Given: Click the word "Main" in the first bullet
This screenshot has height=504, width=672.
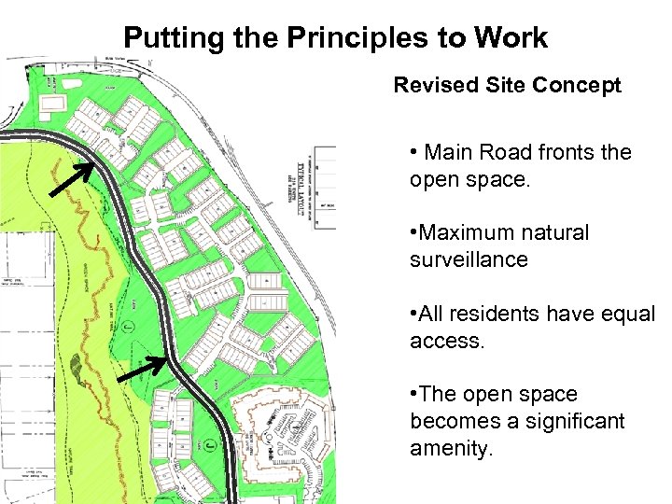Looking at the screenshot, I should click(450, 153).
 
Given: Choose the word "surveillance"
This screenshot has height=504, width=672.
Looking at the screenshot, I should click(469, 259).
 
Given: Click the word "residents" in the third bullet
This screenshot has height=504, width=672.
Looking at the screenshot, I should click(497, 315).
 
